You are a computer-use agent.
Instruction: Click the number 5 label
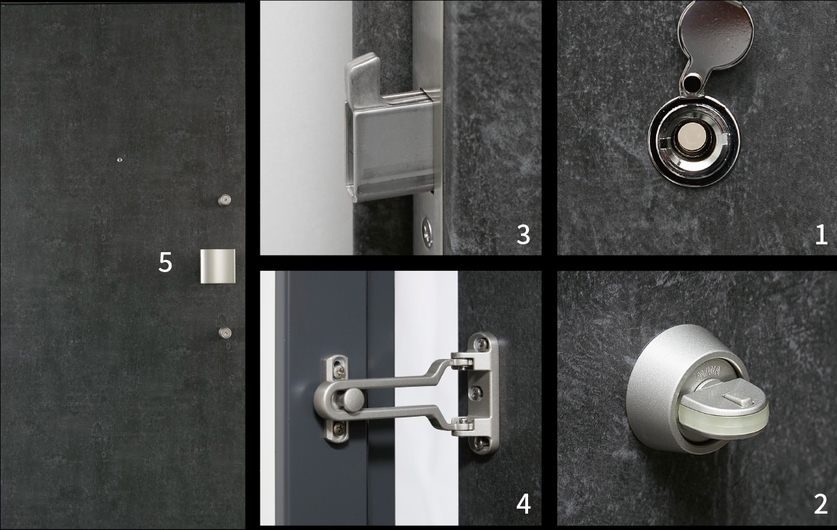tap(165, 262)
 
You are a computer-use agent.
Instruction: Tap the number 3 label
tap(523, 234)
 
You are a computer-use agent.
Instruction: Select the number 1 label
tap(821, 234)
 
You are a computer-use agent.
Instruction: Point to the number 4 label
tap(523, 504)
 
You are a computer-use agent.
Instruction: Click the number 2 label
tap(821, 504)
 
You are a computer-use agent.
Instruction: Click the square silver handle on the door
tap(218, 266)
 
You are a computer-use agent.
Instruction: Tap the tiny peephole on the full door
tap(119, 160)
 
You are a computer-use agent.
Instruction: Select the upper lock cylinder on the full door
tap(225, 199)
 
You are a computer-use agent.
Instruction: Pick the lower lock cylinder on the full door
tap(225, 333)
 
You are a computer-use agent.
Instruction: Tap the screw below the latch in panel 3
tap(427, 233)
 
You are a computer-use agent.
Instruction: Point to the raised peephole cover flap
tap(715, 36)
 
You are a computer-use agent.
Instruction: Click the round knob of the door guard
tap(352, 400)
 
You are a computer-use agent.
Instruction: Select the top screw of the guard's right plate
tap(482, 345)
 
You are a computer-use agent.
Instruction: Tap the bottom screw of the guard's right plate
tap(480, 443)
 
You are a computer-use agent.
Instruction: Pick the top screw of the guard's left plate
tap(339, 368)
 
